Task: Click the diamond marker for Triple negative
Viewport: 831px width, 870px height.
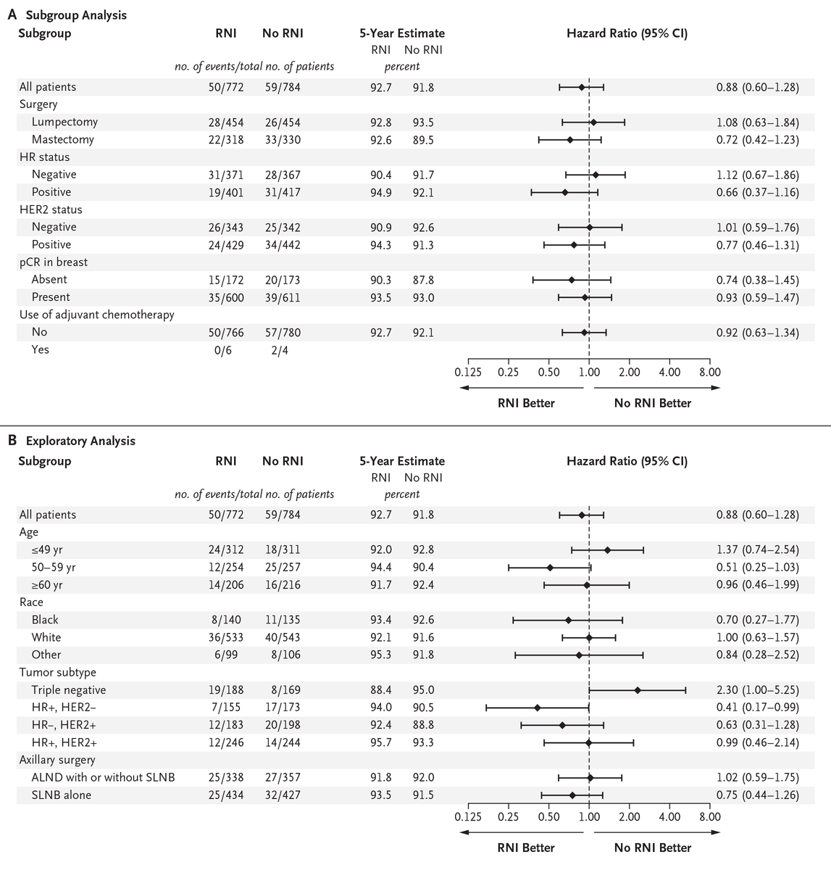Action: coord(638,689)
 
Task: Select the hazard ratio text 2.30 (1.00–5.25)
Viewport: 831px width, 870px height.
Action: coord(757,689)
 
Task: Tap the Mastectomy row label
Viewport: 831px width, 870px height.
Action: coord(63,139)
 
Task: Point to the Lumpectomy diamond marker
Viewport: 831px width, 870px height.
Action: coord(593,122)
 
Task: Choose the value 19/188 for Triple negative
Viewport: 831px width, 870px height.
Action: coord(226,689)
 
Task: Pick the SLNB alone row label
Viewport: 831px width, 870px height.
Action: coord(62,795)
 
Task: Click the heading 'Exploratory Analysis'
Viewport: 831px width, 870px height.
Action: coord(80,441)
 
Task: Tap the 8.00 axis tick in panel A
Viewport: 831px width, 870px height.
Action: coord(710,372)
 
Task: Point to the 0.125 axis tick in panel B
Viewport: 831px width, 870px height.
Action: coord(468,816)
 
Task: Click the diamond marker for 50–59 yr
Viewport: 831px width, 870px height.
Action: coord(550,567)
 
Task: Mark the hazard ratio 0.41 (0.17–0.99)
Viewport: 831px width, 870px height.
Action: coord(757,707)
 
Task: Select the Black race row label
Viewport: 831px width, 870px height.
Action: coord(45,620)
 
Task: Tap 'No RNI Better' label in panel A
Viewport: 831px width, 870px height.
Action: coord(652,403)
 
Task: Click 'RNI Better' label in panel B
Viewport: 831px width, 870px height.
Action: coord(525,848)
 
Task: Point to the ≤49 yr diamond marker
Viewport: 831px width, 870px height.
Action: coord(607,550)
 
